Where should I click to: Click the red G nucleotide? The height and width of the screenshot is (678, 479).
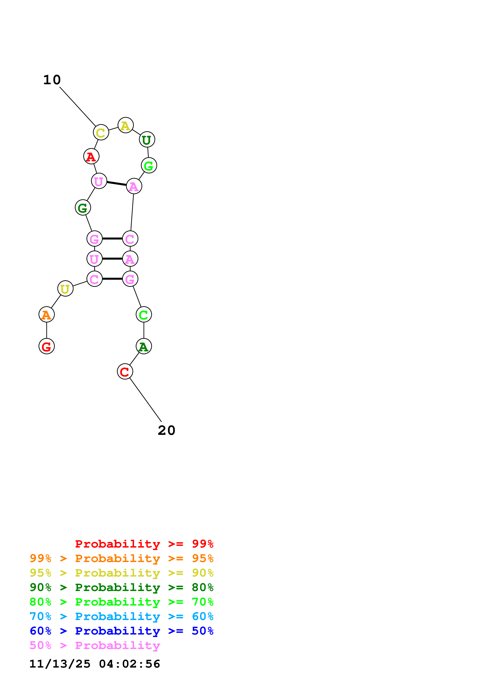[x=47, y=346]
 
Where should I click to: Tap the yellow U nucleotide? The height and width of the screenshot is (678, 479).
[x=65, y=289]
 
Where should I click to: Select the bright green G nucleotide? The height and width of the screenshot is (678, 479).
[x=149, y=165]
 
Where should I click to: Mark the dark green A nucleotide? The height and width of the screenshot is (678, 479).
[x=144, y=346]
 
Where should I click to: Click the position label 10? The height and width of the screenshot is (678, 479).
[x=52, y=80]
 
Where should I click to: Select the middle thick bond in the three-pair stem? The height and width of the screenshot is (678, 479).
[x=112, y=259]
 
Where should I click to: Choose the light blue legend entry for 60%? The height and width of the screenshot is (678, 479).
[x=121, y=617]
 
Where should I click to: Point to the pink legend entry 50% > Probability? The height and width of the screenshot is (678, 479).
[x=95, y=646]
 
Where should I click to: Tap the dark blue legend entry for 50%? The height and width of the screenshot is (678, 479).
[x=121, y=631]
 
